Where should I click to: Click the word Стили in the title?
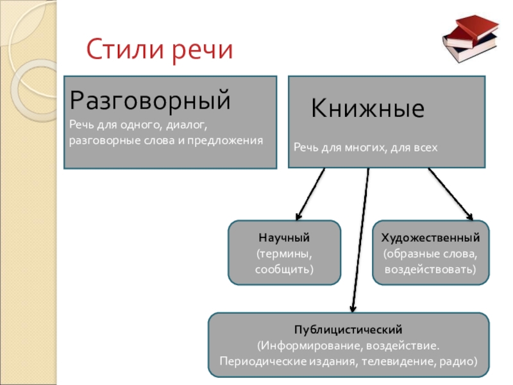(121, 49)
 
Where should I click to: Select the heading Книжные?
(368, 108)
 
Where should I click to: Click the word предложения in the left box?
(231, 139)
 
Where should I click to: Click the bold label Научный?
(284, 237)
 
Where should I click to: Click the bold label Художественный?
(430, 237)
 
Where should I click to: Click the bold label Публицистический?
(348, 330)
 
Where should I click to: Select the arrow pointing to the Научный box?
(310, 193)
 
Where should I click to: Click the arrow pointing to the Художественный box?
(450, 193)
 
